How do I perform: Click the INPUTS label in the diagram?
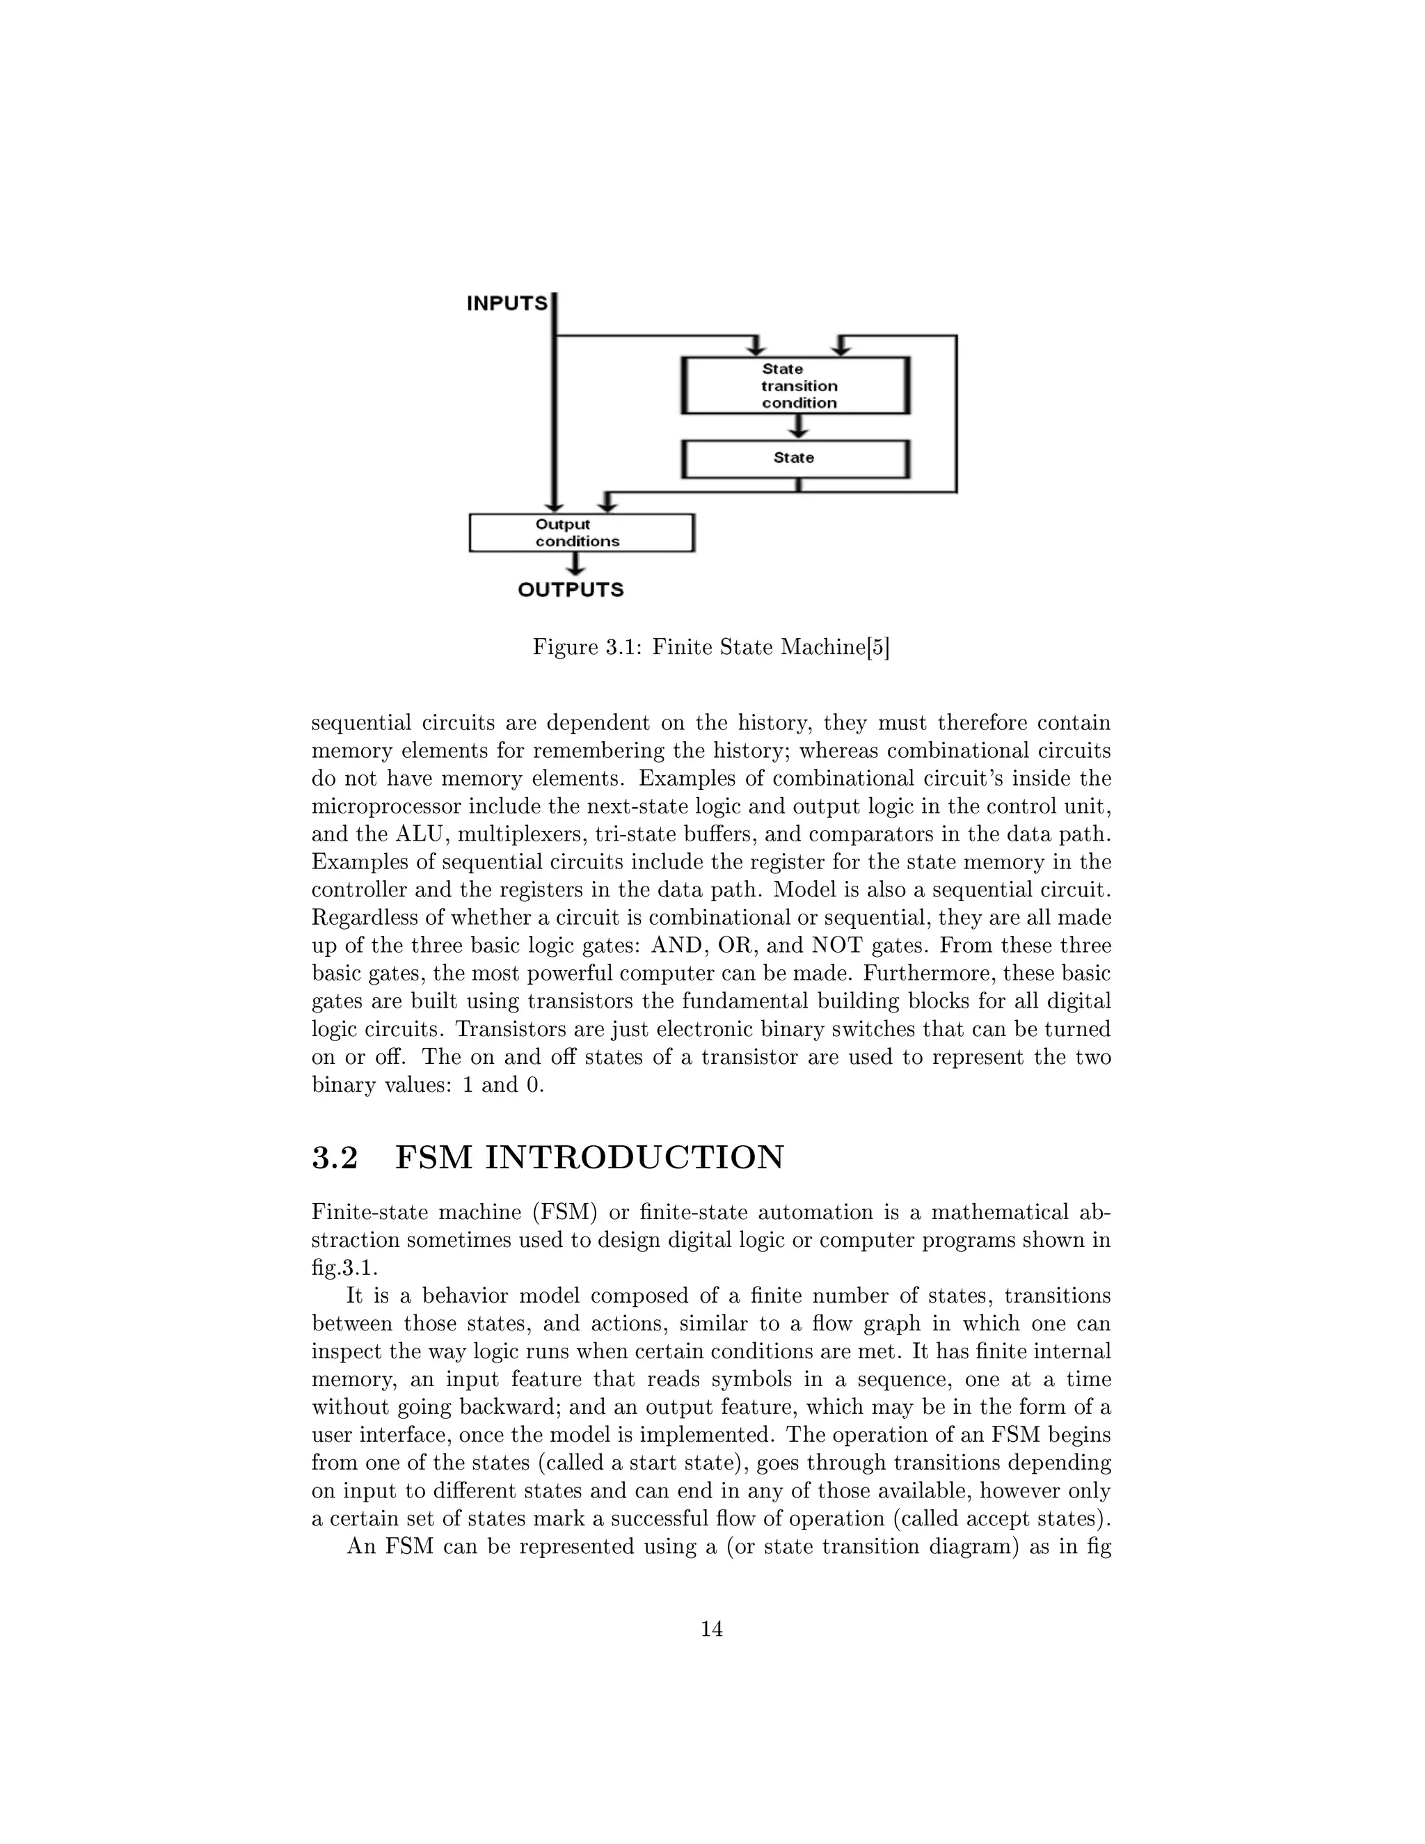(x=507, y=304)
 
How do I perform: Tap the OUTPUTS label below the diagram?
(x=571, y=590)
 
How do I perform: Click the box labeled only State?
(x=795, y=459)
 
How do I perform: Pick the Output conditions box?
(x=582, y=534)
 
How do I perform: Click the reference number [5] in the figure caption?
(x=879, y=648)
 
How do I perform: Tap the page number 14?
(x=712, y=1629)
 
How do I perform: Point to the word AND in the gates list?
(x=676, y=946)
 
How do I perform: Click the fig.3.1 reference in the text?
(x=344, y=1268)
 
